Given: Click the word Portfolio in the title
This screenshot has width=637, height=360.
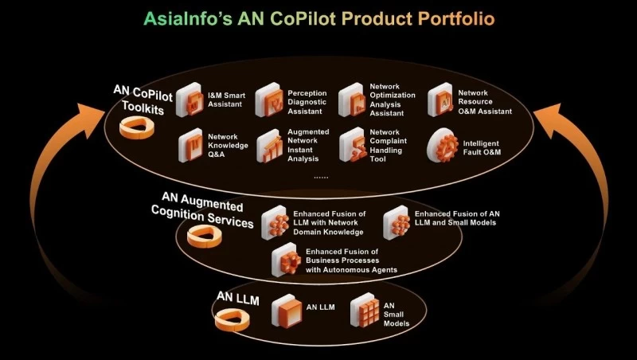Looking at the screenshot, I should [455, 18].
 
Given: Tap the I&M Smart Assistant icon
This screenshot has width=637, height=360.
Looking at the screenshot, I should [190, 102].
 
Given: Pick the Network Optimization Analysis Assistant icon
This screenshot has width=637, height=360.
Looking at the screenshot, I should [352, 102].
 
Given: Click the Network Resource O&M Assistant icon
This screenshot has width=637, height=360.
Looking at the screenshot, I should [440, 102].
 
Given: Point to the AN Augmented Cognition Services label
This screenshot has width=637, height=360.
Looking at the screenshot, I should [204, 212].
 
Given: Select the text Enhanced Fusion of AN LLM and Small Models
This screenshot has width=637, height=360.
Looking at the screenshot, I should [457, 218].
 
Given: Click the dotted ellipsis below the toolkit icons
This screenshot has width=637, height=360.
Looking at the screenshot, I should [322, 177].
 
